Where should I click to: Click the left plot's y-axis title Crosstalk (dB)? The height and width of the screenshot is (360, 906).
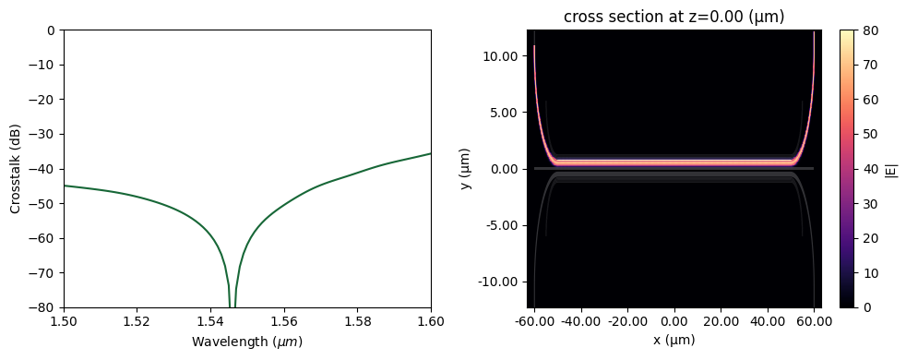15,168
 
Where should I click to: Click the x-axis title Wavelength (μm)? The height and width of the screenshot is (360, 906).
246,342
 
